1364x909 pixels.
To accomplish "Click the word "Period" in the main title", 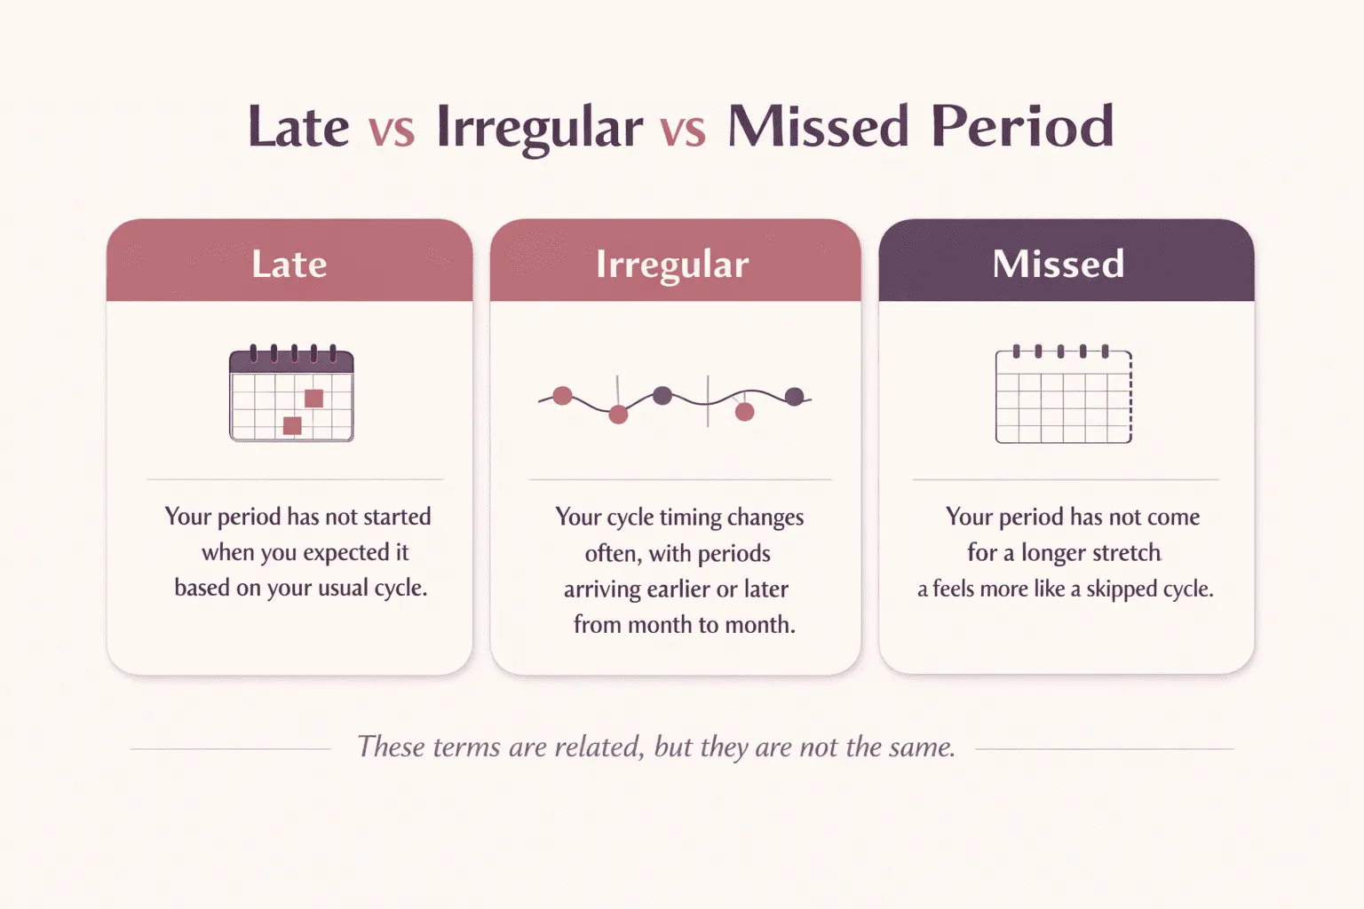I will tap(1022, 127).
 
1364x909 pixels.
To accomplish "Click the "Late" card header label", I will tap(289, 264).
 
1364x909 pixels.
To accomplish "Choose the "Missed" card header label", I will tap(1058, 264).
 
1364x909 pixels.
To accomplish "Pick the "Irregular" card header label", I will tap(672, 265).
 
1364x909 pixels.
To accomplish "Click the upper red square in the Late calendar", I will tap(313, 399).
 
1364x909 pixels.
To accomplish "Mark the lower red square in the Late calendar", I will tap(292, 426).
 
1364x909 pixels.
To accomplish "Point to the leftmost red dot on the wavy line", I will tap(562, 396).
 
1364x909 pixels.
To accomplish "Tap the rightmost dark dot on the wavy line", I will tap(795, 396).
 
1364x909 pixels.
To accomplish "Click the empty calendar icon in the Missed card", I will tap(1064, 396).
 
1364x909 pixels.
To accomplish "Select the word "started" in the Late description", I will tap(397, 517).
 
